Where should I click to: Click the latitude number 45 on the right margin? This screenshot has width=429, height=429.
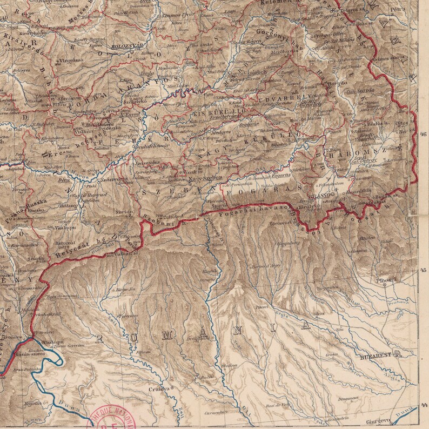tap(423, 270)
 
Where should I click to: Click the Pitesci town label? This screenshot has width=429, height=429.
tap(262, 306)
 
